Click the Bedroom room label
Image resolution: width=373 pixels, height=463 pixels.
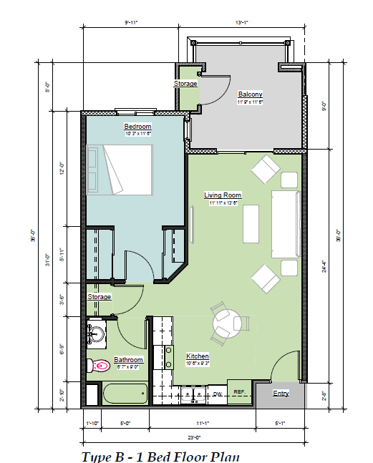click(x=137, y=126)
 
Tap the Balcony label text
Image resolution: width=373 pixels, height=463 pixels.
click(x=250, y=94)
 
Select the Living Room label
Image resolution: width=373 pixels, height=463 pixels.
click(x=222, y=195)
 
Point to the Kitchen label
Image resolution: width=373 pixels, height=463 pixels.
click(x=198, y=356)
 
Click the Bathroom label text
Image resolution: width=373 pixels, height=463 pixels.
click(x=129, y=359)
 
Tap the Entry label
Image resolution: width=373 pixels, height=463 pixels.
click(x=281, y=394)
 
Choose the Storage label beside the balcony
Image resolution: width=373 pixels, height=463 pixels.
click(x=185, y=84)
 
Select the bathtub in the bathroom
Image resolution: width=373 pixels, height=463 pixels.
click(x=125, y=394)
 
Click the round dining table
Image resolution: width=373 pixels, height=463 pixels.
click(x=228, y=324)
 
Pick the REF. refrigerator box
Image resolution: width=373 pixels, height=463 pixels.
click(x=239, y=392)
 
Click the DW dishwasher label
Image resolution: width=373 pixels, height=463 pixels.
click(x=218, y=394)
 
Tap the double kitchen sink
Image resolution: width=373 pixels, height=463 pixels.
click(x=191, y=394)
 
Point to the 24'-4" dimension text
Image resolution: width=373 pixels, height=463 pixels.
click(x=347, y=266)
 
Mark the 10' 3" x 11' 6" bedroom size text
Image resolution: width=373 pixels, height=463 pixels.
click(x=137, y=133)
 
